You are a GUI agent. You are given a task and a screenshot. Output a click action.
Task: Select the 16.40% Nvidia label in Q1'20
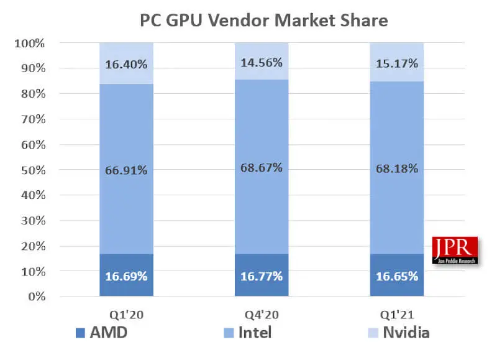click(127, 63)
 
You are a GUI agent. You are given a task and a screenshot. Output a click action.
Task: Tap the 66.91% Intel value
click(127, 170)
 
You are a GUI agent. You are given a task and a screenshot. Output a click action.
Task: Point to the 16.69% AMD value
click(127, 275)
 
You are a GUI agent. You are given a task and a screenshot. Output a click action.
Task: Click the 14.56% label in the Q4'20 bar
click(262, 62)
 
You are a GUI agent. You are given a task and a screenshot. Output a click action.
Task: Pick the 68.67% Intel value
click(262, 168)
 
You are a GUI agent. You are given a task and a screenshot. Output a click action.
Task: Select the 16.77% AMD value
click(262, 275)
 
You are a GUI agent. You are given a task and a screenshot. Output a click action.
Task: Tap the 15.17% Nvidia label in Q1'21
click(397, 63)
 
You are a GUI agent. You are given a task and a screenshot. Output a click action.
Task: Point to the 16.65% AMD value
click(397, 275)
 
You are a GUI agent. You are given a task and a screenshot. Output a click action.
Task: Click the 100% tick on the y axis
click(30, 44)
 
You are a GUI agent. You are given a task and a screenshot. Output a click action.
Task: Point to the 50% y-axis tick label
click(33, 170)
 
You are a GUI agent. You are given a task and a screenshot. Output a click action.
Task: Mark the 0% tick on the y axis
click(38, 297)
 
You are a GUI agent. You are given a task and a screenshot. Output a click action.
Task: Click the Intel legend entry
click(247, 333)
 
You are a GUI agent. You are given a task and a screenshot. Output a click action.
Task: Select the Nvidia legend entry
click(398, 333)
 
